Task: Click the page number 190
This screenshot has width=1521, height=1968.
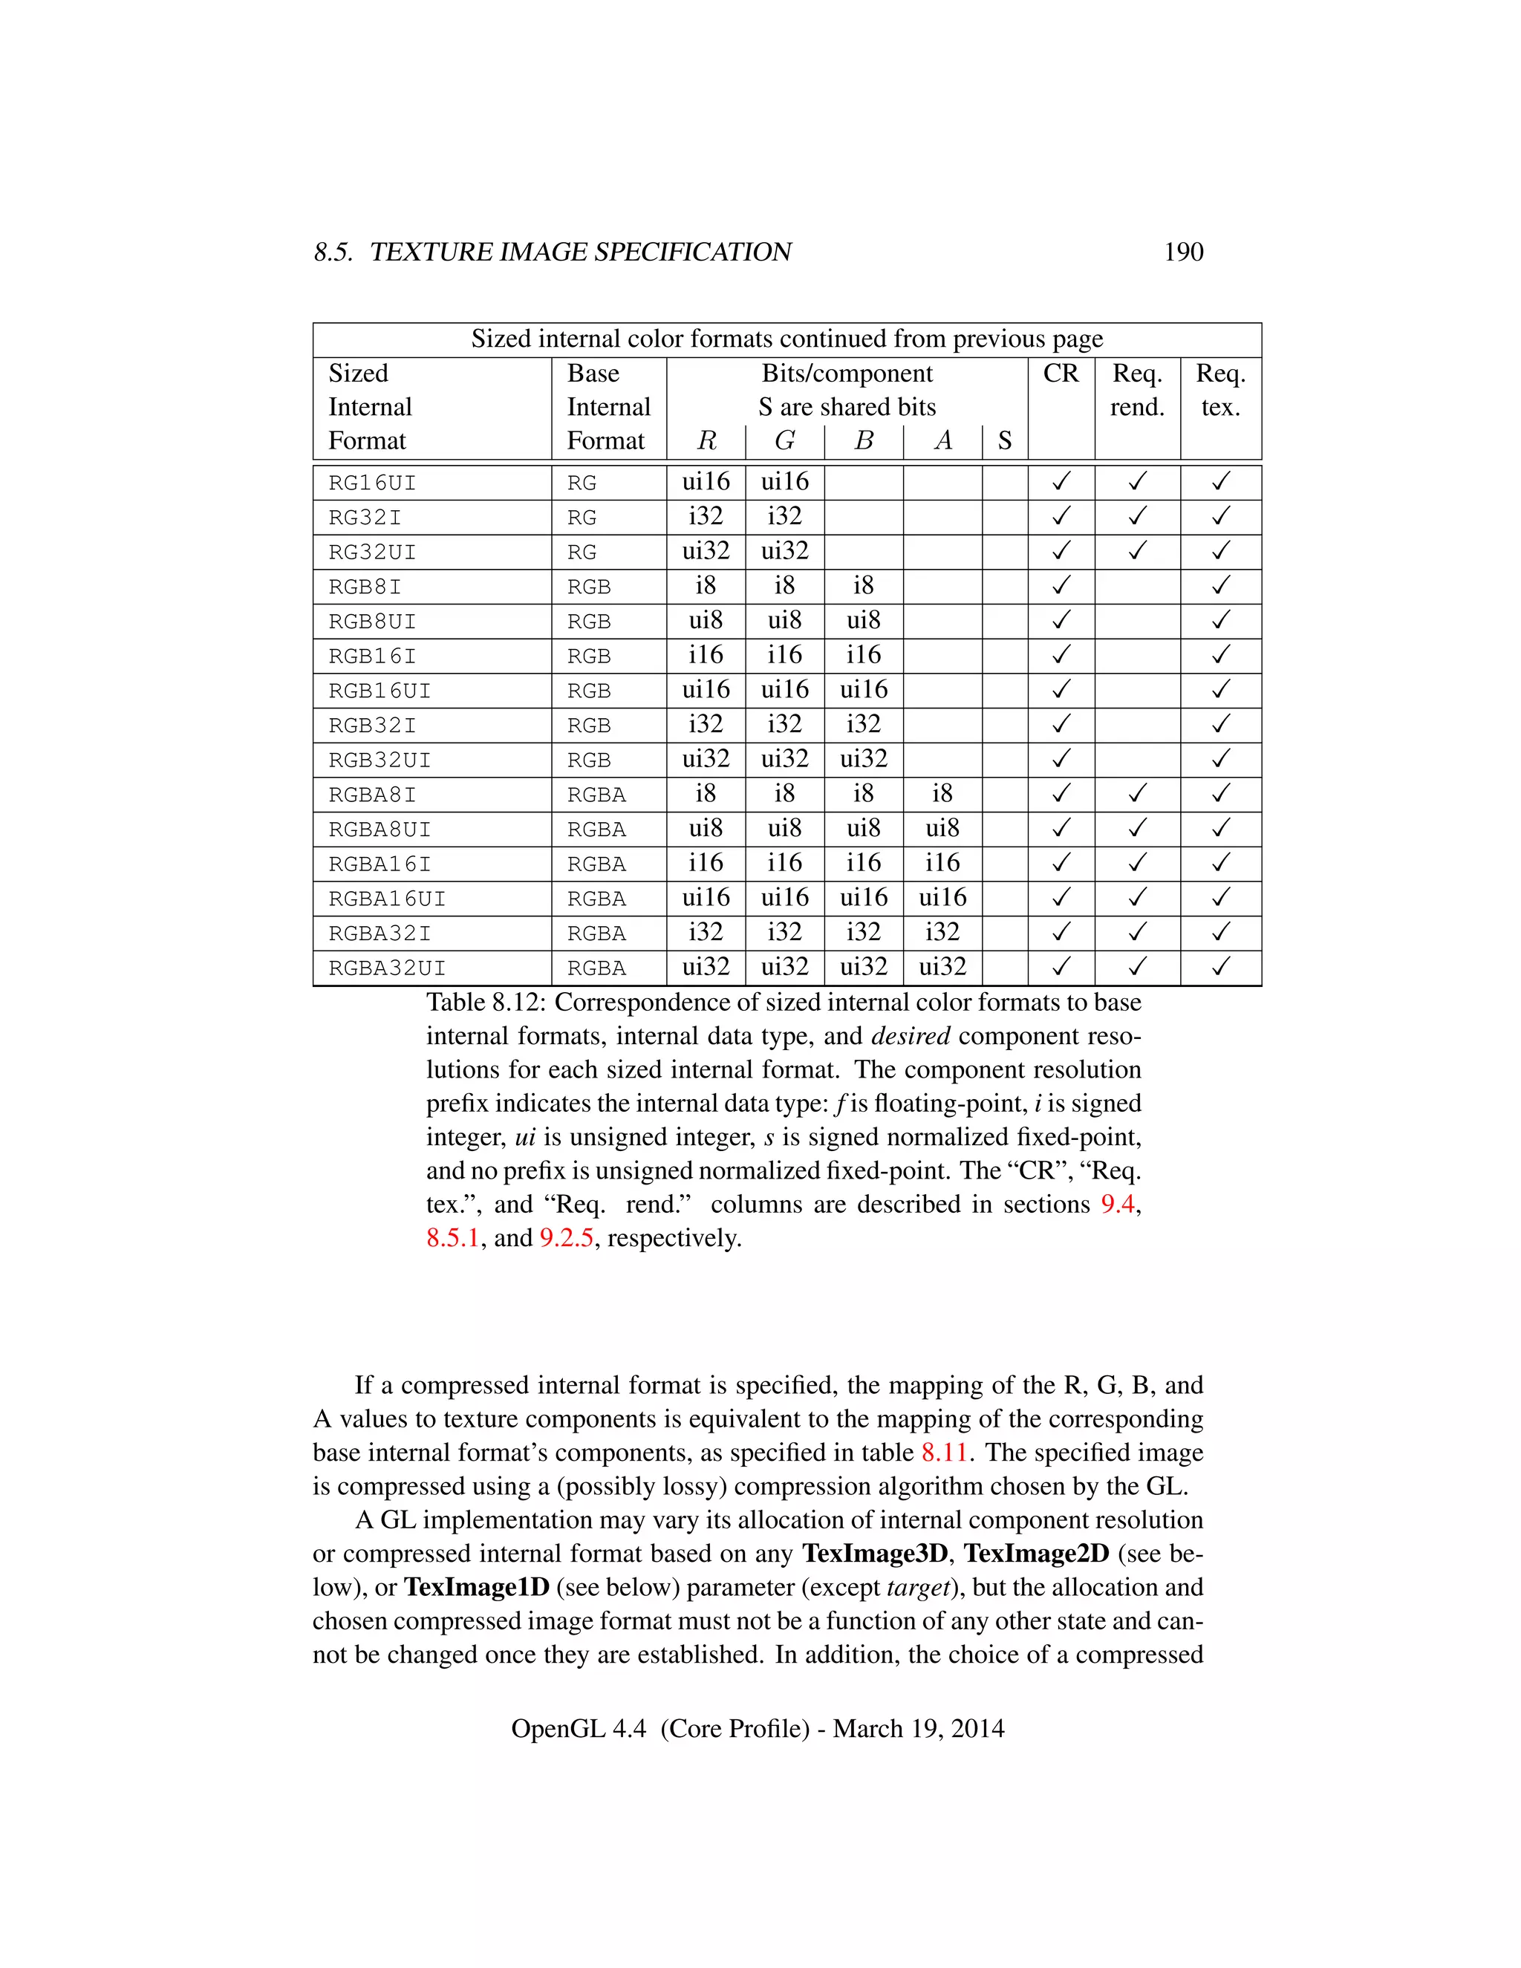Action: tap(1182, 252)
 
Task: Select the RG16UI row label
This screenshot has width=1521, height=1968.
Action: tap(372, 483)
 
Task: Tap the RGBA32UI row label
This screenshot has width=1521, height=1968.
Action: tap(386, 968)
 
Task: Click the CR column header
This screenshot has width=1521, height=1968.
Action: tap(1061, 373)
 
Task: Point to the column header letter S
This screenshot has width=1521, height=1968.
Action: tap(1004, 440)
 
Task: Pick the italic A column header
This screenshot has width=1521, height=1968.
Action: tap(942, 440)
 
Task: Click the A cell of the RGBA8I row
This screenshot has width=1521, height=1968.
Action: tap(942, 793)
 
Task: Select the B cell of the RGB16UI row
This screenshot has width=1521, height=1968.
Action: tap(863, 689)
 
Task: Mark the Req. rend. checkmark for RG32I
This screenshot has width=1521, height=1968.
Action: tap(1137, 516)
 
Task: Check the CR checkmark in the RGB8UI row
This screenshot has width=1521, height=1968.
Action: tap(1061, 620)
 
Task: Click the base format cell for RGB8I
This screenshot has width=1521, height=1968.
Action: tap(588, 587)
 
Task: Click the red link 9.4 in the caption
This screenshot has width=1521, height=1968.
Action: tap(1117, 1204)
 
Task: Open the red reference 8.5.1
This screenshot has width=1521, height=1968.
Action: tap(452, 1238)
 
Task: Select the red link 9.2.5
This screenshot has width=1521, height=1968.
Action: tap(566, 1238)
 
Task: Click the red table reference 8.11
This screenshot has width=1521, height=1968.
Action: tap(943, 1453)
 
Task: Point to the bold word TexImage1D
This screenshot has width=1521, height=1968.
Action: tap(476, 1587)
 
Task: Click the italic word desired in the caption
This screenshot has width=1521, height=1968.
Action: tap(910, 1036)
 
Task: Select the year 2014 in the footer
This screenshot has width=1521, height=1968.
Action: tap(977, 1728)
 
